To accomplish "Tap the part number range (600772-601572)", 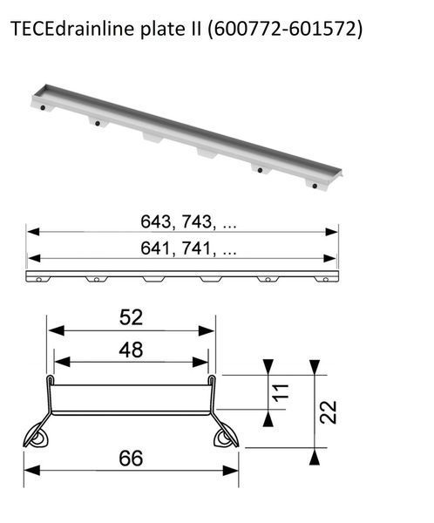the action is (x=285, y=30).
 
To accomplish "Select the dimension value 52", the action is (x=131, y=317).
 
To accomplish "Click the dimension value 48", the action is (x=131, y=350).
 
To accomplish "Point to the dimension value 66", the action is (x=131, y=458).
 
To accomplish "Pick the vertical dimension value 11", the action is (x=281, y=391).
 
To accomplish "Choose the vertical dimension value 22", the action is (x=328, y=412).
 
